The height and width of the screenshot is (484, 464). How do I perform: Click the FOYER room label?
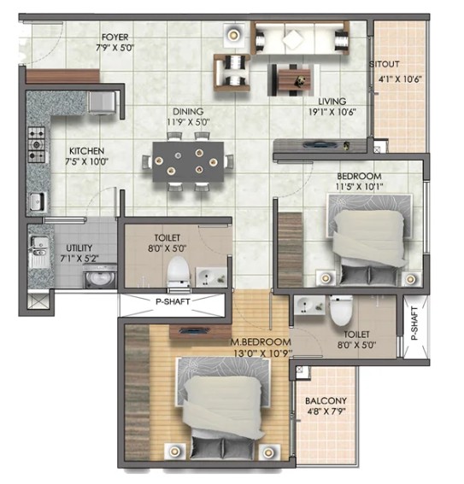pos(115,38)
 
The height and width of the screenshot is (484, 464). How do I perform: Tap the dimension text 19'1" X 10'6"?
pos(332,112)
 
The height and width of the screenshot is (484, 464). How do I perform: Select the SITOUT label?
pos(385,64)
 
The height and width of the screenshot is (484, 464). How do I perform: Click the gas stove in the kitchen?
pos(37,144)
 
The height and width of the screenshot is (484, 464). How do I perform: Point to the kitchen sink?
pos(38,201)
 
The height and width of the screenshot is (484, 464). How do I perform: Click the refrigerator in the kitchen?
pos(103,102)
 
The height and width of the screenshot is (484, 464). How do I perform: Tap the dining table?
pos(188,161)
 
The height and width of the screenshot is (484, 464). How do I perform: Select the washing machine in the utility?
pos(100,277)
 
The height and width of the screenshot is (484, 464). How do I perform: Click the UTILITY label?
pos(79,248)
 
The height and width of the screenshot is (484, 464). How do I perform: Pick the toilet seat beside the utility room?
pos(179,272)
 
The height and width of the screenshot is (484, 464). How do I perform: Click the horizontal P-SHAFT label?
pos(173,301)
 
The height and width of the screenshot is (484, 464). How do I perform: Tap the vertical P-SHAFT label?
pos(414,323)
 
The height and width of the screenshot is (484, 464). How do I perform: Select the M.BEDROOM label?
pos(261,341)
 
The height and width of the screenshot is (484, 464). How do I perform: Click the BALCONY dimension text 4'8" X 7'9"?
pos(326,411)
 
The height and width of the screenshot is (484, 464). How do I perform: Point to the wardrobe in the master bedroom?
pos(138,392)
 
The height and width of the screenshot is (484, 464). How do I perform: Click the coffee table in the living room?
pos(293,79)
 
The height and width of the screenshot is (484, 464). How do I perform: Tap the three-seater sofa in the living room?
pos(300,38)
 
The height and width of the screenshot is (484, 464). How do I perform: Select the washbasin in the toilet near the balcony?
pos(309,306)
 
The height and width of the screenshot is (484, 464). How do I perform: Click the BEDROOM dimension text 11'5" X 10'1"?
pos(359,186)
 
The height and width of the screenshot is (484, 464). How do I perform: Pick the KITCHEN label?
pos(86,151)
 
